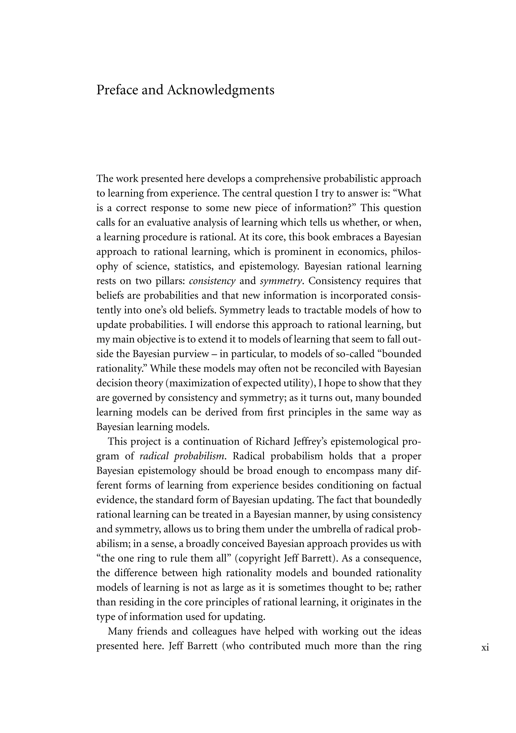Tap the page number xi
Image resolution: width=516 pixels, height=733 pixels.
pyautogui.click(x=485, y=648)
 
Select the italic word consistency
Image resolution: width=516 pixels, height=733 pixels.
pyautogui.click(x=212, y=281)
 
